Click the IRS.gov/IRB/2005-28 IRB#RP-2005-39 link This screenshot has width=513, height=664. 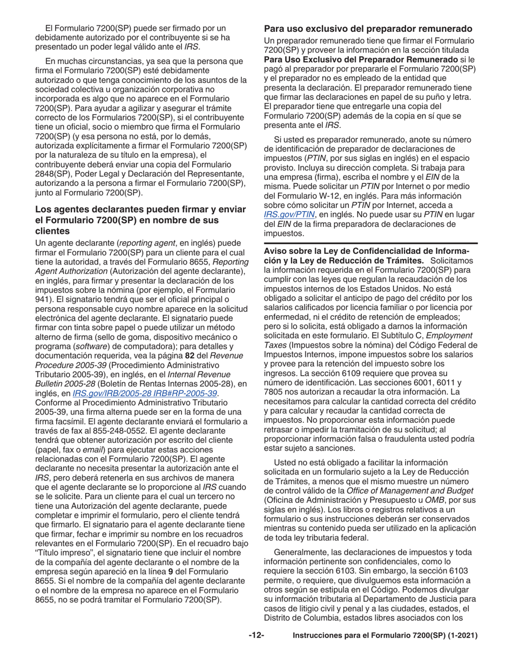145,393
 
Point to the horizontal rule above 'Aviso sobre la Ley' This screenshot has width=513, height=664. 370,243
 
